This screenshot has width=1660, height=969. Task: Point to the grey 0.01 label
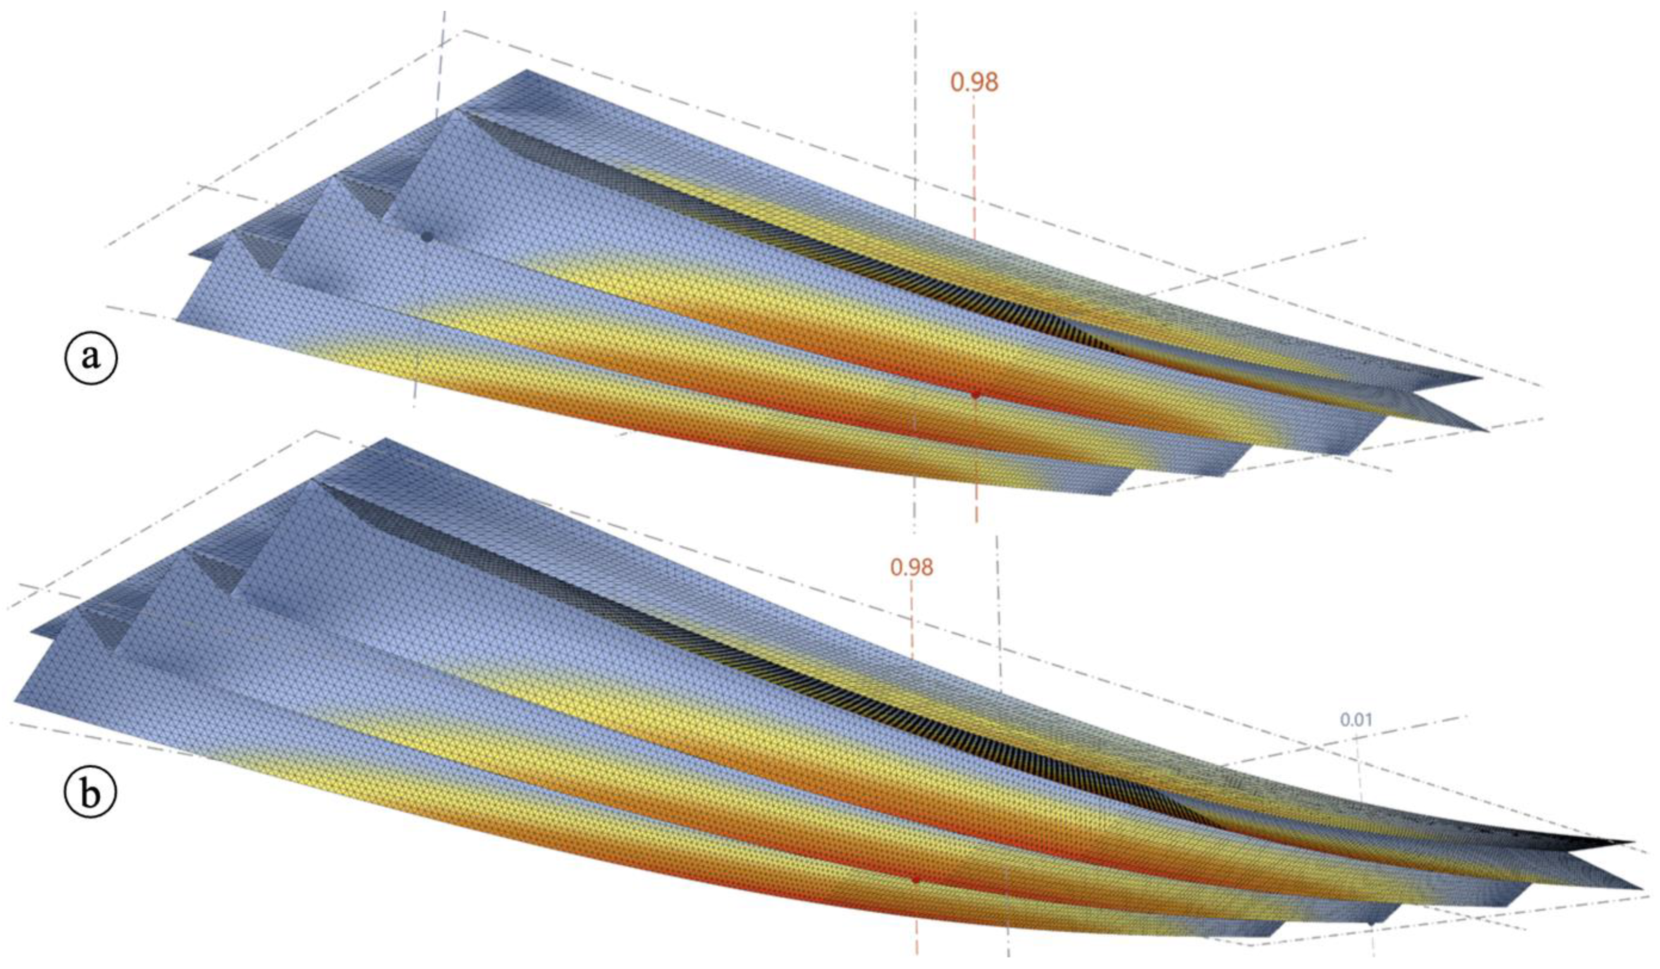[x=1356, y=720]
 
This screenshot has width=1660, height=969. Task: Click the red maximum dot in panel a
[x=975, y=394]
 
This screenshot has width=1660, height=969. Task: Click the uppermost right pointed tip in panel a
[x=1481, y=378]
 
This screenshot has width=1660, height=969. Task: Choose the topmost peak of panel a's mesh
[x=526, y=70]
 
